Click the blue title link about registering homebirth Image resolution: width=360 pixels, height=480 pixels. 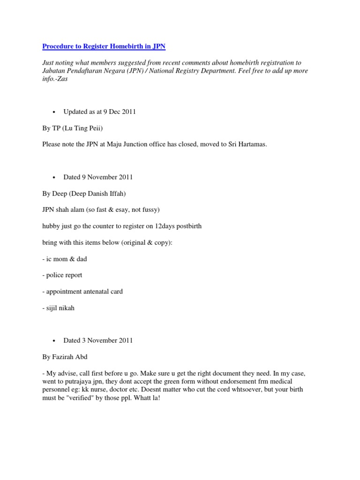[x=104, y=46]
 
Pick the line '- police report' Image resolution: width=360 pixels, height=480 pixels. [x=62, y=275]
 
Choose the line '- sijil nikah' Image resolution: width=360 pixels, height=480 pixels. [x=59, y=307]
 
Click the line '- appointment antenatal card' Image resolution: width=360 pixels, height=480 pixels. [x=82, y=292]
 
